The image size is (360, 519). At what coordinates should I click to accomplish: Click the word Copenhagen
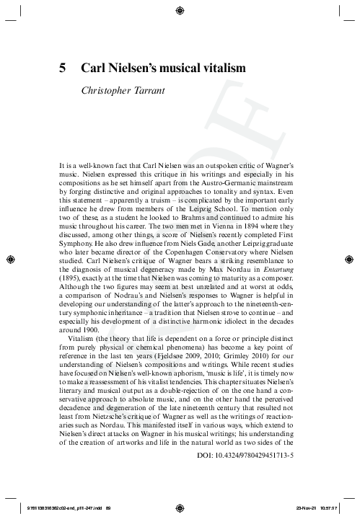click(x=194, y=252)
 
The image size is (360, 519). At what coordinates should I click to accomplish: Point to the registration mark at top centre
click(x=180, y=9)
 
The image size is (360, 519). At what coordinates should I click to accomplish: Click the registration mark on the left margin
click(x=8, y=256)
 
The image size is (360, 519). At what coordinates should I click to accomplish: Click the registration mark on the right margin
click(x=352, y=256)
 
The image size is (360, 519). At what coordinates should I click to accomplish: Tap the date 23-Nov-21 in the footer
click(x=308, y=507)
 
